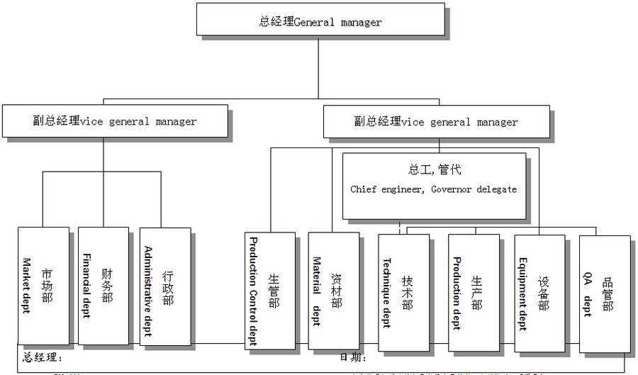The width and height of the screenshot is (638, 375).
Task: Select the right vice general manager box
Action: click(x=436, y=121)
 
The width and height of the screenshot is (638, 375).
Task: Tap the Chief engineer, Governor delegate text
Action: click(x=433, y=190)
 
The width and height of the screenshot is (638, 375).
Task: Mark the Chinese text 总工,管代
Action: click(x=435, y=170)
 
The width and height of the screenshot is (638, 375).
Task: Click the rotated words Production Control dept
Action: click(x=252, y=291)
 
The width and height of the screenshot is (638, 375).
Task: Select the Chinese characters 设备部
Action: click(x=544, y=293)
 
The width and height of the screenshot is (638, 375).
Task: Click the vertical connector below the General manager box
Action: click(x=318, y=71)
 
